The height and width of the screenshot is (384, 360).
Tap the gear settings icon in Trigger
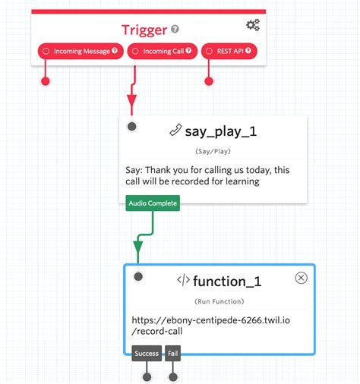click(253, 25)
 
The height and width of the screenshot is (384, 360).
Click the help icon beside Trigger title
click(175, 30)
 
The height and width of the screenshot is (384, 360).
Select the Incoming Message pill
click(80, 52)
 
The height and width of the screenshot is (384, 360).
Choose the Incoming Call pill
click(162, 52)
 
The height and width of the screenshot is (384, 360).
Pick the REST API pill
click(229, 52)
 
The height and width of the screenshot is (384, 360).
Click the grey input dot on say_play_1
click(132, 126)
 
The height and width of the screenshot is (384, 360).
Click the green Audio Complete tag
click(153, 203)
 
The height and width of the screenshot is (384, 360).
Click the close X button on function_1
click(301, 278)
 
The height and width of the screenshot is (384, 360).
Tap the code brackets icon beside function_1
click(183, 279)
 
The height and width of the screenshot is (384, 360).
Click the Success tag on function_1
click(147, 353)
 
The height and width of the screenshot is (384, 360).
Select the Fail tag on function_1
click(173, 353)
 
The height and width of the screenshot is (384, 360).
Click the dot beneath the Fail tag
click(173, 376)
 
